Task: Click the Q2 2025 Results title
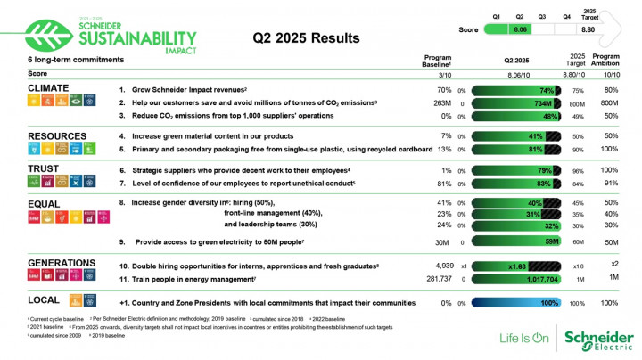click(x=306, y=38)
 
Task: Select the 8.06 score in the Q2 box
click(x=523, y=29)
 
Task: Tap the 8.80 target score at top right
click(x=588, y=29)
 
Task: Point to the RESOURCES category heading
click(x=58, y=136)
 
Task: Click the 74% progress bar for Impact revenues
click(x=515, y=91)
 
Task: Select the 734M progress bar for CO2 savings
click(x=515, y=103)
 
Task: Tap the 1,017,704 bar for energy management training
click(x=515, y=279)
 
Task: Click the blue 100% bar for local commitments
click(x=515, y=303)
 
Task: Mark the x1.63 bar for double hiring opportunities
click(x=515, y=266)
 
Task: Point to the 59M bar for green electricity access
click(x=515, y=241)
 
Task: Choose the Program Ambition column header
click(x=611, y=61)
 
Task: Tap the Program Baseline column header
click(x=436, y=61)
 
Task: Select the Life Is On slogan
click(x=523, y=339)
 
